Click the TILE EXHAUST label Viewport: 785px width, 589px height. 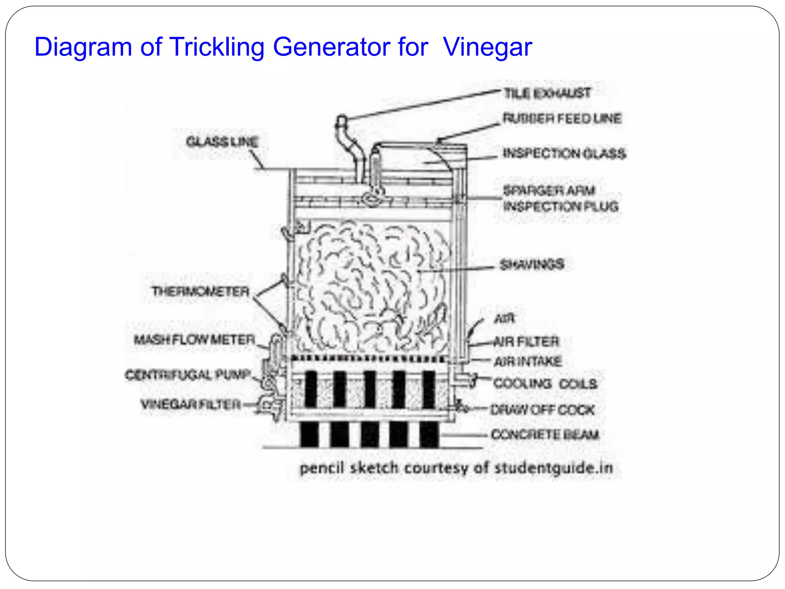point(547,93)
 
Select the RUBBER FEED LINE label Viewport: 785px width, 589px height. point(562,118)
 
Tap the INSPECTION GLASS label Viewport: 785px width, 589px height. point(564,153)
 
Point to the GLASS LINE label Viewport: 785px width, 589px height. point(222,142)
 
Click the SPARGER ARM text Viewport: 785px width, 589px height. point(549,190)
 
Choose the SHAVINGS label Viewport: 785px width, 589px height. point(532,264)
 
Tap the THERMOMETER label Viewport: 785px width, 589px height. point(200,291)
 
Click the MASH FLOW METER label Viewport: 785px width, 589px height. point(194,340)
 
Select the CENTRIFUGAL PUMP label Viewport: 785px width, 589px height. point(188,375)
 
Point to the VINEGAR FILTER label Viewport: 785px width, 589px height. point(191,404)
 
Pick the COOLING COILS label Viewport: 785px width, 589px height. point(545,384)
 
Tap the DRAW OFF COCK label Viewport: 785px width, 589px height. point(542,410)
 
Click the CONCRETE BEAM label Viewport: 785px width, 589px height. point(545,434)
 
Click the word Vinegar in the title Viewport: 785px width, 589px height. point(487,47)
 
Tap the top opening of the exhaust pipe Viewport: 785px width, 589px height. point(342,118)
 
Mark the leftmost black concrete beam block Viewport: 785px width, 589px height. point(309,434)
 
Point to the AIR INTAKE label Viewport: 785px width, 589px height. point(527,361)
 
